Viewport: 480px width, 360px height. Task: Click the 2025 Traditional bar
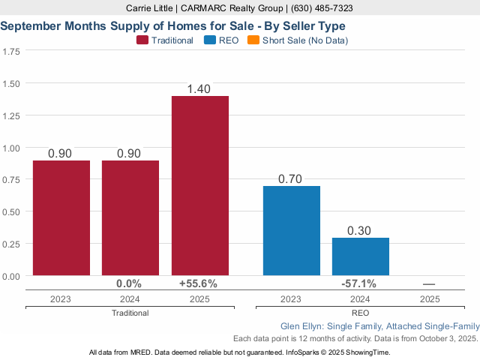point(200,186)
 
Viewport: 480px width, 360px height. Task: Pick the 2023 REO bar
point(292,230)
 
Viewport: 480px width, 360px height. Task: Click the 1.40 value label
point(200,89)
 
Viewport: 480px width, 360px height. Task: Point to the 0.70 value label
point(292,179)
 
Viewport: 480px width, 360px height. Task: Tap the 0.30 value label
point(361,231)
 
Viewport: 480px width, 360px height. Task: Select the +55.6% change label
point(199,284)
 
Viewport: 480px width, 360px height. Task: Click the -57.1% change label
point(358,284)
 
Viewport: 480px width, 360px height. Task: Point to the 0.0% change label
point(130,284)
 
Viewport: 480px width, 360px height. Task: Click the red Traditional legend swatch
point(142,40)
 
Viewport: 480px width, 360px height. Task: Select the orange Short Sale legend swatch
point(253,40)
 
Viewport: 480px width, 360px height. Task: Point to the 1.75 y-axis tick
point(11,52)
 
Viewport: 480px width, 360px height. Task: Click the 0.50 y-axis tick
point(11,212)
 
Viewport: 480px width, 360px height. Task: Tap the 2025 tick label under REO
point(430,298)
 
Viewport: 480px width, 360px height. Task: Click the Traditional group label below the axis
point(130,313)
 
